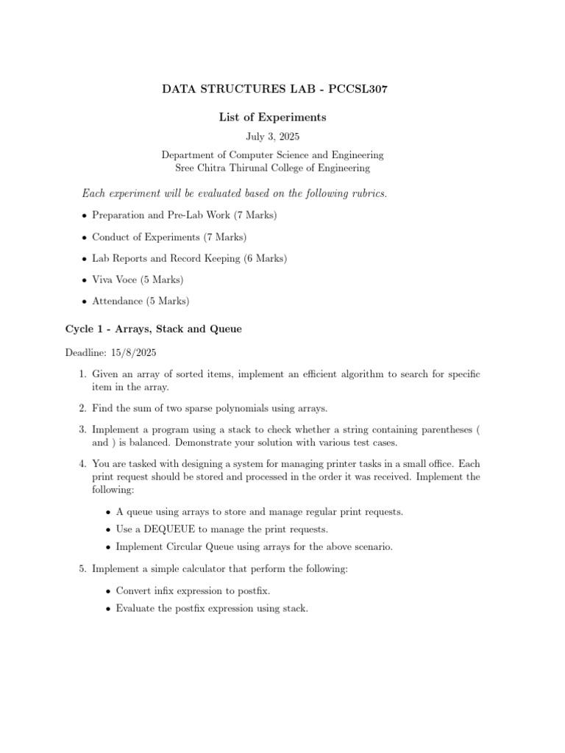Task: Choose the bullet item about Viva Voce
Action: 137,279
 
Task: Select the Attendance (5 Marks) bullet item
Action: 141,301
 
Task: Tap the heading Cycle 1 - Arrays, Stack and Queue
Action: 154,329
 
